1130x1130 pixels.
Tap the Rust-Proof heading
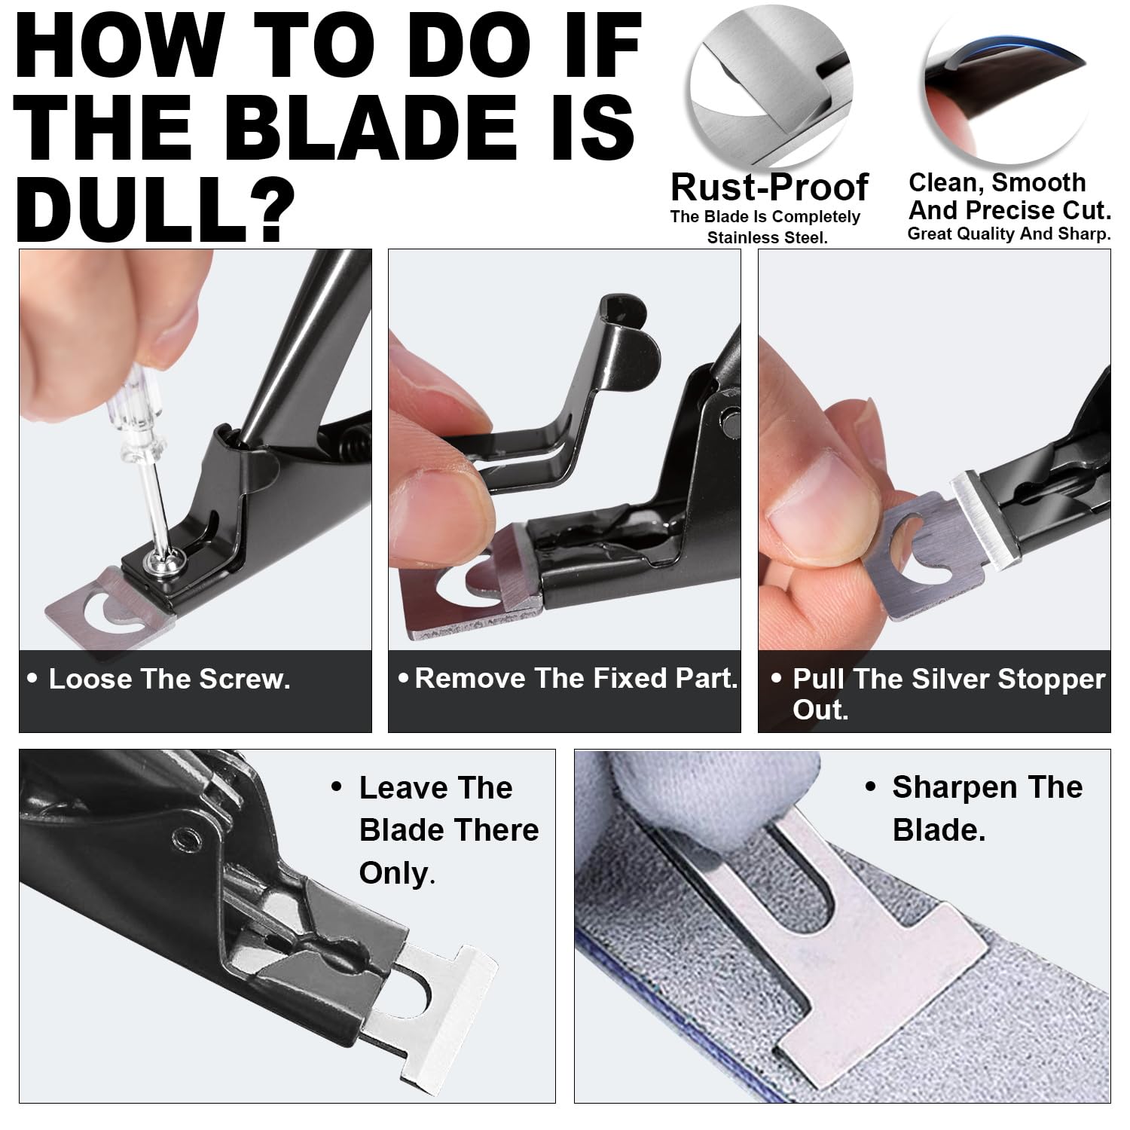[769, 187]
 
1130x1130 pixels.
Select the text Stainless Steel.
[767, 238]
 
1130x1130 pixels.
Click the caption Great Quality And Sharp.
[1009, 234]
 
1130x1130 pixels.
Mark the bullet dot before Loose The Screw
[32, 678]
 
